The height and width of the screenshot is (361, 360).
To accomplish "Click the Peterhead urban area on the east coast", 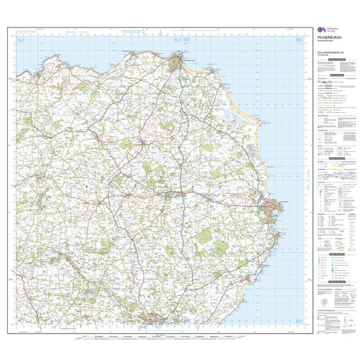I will (271, 209).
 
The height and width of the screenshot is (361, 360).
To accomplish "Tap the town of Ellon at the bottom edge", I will (154, 319).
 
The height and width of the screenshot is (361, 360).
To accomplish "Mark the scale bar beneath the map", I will (164, 337).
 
